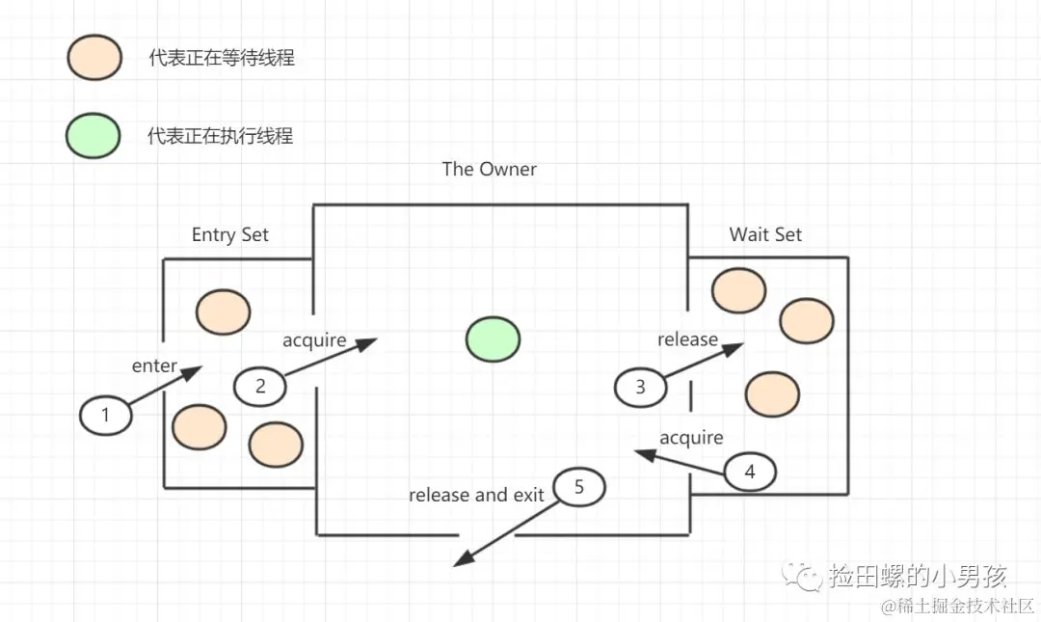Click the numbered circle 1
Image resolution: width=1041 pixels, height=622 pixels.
click(106, 416)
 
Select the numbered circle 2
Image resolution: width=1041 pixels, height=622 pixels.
click(260, 386)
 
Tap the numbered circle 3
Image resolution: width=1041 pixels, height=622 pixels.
click(641, 388)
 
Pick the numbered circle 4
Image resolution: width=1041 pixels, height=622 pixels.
click(750, 472)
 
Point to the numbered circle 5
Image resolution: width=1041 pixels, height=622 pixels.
click(578, 487)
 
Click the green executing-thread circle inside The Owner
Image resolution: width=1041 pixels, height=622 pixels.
click(493, 339)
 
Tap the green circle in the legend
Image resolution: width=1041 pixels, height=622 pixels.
click(93, 135)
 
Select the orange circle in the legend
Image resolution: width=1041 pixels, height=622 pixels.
click(93, 58)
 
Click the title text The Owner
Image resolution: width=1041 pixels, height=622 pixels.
click(489, 170)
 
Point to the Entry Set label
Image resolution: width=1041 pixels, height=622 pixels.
click(229, 235)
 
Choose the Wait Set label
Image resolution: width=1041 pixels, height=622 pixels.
click(765, 234)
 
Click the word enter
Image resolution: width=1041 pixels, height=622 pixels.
click(154, 365)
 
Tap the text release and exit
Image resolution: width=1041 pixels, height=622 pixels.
click(476, 495)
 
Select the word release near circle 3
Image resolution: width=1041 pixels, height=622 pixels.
click(687, 339)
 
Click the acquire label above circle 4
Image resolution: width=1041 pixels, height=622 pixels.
click(691, 438)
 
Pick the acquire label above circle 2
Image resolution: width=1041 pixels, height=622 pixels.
click(314, 339)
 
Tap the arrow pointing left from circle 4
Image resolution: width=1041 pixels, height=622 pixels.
click(680, 461)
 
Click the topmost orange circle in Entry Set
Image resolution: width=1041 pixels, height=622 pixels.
click(224, 311)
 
